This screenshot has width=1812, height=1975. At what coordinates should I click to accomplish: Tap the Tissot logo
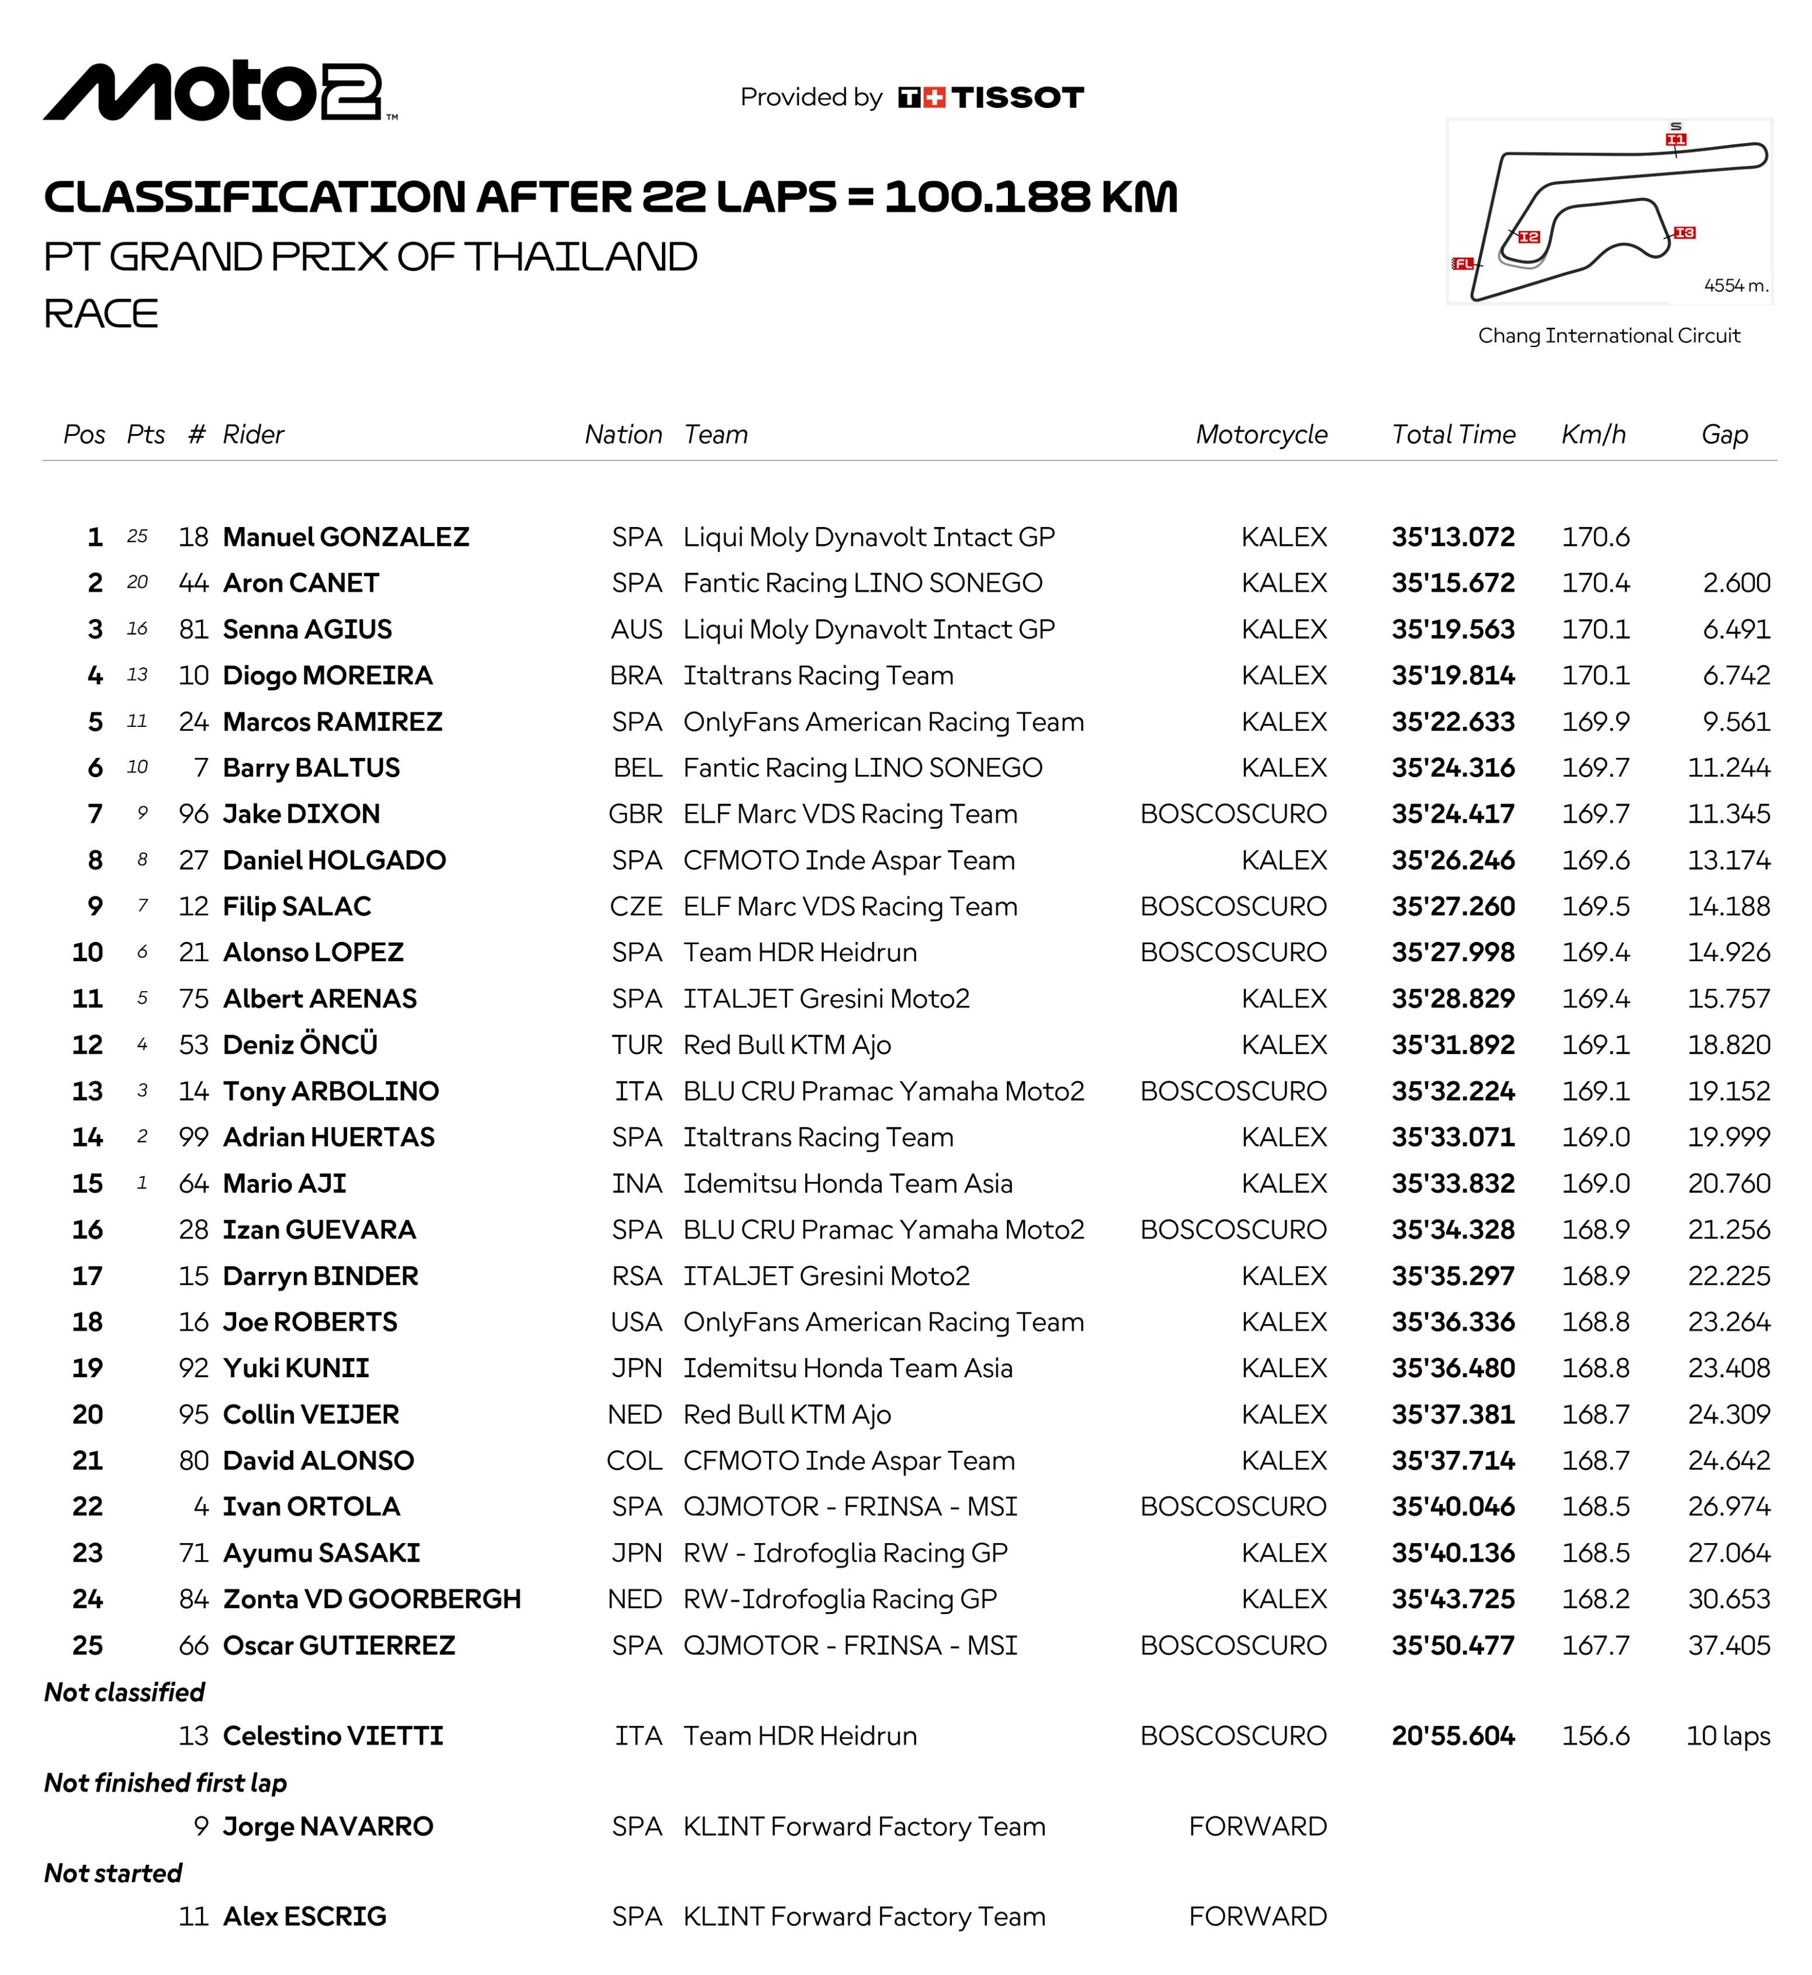(990, 97)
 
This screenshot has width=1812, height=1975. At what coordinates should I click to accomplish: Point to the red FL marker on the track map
(1463, 263)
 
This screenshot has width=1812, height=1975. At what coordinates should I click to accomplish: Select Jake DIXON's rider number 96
(193, 814)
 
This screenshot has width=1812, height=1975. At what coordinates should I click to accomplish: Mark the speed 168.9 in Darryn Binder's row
(1595, 1276)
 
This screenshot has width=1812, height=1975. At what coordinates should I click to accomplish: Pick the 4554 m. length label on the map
(1735, 285)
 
